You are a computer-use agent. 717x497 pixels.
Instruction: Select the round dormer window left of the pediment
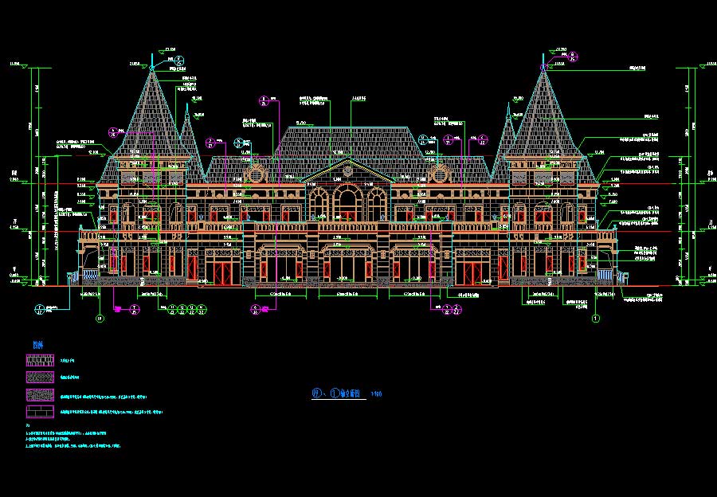point(257,174)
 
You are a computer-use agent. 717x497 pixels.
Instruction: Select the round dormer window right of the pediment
point(437,174)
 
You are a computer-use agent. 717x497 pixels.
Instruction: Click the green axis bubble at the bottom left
point(100,319)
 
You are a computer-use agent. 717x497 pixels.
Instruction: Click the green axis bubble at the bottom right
point(595,319)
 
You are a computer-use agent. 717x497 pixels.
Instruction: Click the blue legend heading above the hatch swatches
point(37,344)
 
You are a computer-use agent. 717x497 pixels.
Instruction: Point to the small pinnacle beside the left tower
point(189,127)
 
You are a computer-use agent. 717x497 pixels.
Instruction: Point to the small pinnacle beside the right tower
point(507,127)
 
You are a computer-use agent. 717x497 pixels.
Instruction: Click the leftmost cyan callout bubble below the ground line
point(41,310)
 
